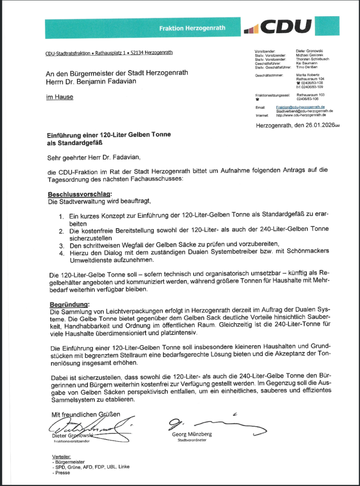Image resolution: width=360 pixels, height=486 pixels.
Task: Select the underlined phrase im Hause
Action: pos(59,98)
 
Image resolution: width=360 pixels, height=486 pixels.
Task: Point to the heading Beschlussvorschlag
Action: pos(79,195)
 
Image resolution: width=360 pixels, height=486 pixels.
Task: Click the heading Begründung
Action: pos(69,304)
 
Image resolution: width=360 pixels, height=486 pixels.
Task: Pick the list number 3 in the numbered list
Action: pos(61,246)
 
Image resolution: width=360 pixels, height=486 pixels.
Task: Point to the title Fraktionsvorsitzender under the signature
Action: pos(72,441)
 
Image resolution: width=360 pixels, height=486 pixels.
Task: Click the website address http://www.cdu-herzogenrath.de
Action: pos(301,115)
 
